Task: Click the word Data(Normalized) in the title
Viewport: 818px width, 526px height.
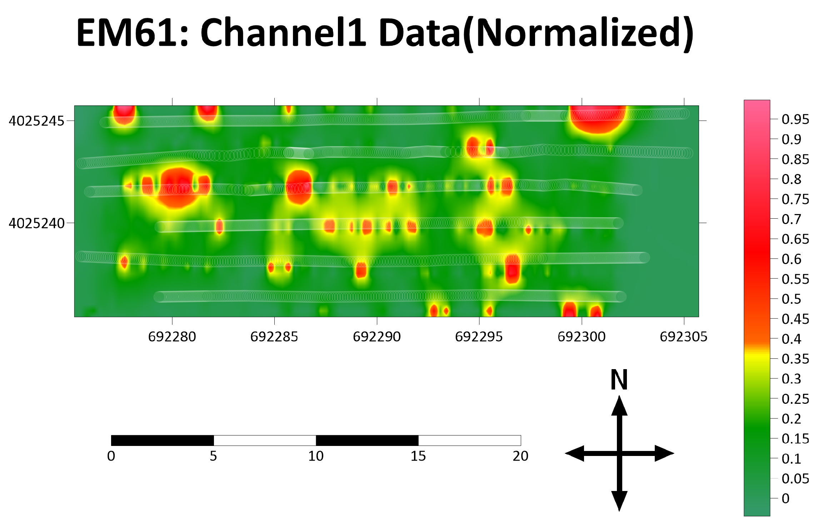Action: click(536, 33)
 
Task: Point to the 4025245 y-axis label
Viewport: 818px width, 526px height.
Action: click(36, 121)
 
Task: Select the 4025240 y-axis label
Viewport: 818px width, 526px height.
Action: click(36, 223)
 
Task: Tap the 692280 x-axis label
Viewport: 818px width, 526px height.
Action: click(172, 337)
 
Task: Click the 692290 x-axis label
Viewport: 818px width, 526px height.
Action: click(377, 337)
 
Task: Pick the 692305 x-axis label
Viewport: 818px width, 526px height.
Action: click(684, 337)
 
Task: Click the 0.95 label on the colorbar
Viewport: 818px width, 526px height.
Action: click(795, 119)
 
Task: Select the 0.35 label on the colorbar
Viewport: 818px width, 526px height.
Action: click(795, 359)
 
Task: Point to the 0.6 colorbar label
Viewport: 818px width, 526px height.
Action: click(791, 259)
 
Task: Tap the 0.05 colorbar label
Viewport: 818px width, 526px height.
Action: click(795, 478)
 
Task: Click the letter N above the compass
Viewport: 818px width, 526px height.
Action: click(619, 379)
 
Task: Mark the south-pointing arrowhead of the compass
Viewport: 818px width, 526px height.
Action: click(619, 500)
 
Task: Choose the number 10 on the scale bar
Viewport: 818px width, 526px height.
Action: click(316, 456)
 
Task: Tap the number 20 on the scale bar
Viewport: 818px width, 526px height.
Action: click(520, 456)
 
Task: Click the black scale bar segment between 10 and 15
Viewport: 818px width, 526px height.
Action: click(367, 440)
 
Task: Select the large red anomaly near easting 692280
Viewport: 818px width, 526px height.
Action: click(178, 188)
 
